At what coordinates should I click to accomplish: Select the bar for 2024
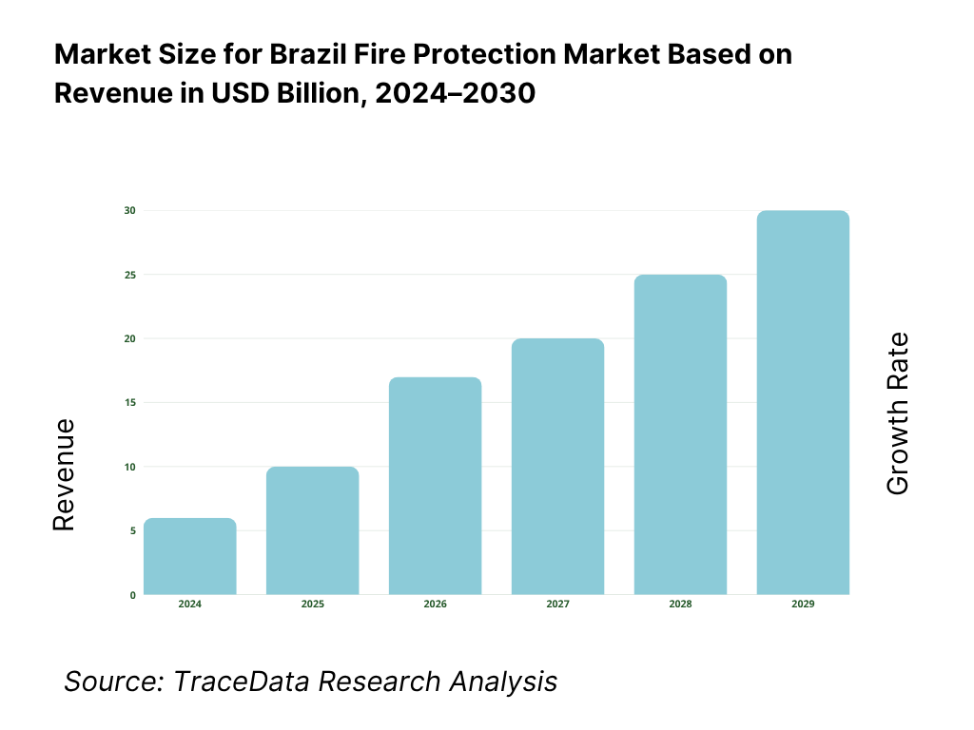(190, 557)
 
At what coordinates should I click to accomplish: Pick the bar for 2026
(436, 486)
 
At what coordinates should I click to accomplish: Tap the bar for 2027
(557, 467)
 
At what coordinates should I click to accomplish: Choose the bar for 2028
(680, 434)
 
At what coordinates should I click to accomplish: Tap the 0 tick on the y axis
(132, 595)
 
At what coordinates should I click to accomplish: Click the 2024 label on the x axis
(190, 605)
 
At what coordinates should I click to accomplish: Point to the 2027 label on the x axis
(557, 605)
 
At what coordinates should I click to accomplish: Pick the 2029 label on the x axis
(803, 605)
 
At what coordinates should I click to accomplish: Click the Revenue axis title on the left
(64, 474)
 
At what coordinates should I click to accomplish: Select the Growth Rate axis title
(898, 413)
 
